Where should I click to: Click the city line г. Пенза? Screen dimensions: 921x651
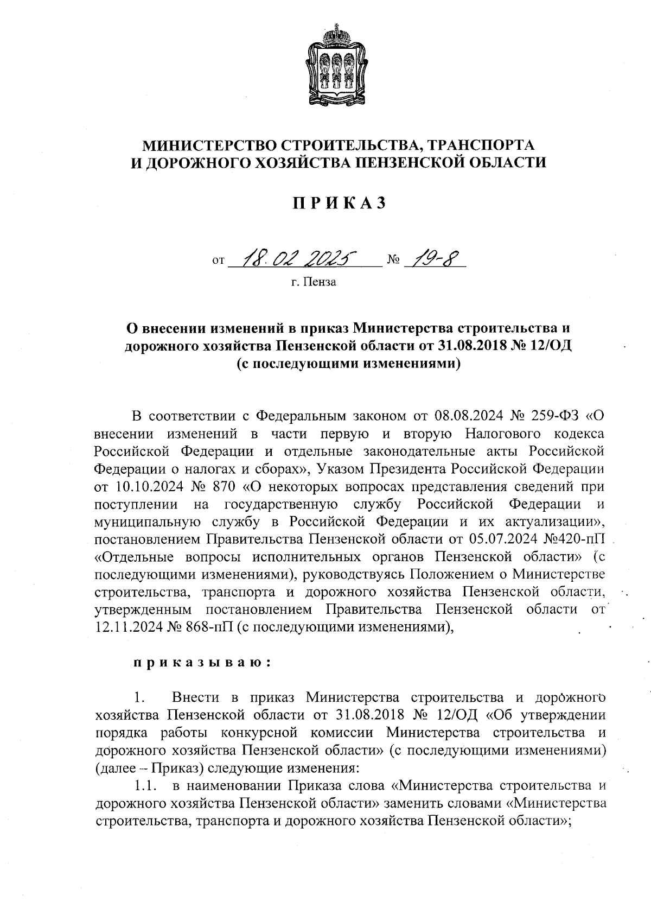(x=314, y=282)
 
